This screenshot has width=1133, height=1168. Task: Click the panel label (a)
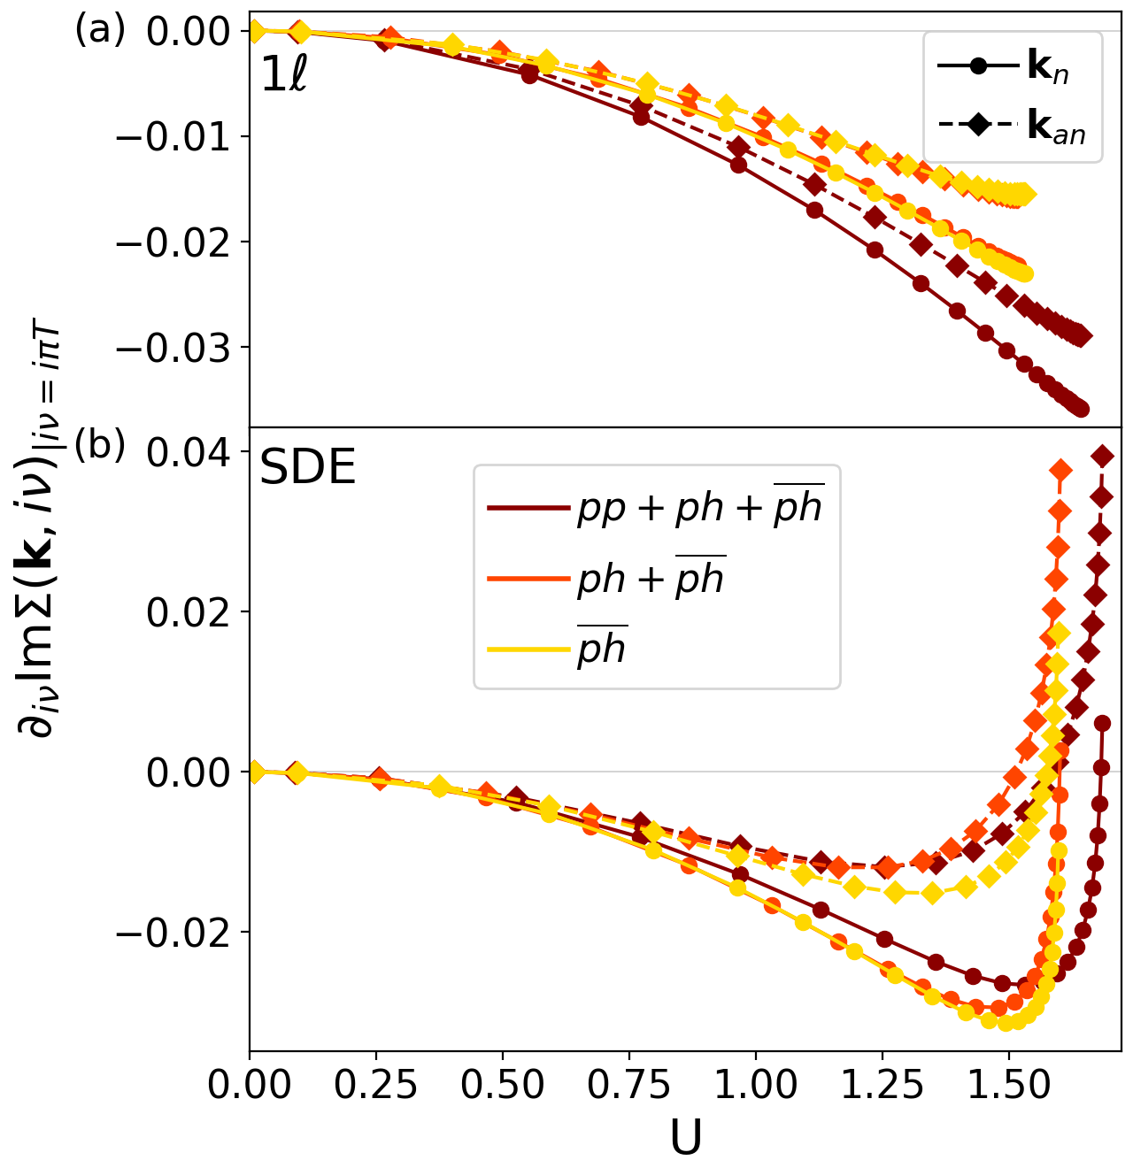tap(100, 30)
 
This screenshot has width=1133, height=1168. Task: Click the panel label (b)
tap(100, 445)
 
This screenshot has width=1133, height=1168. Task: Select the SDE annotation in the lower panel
tap(307, 468)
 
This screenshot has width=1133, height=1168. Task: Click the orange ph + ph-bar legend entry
tap(606, 579)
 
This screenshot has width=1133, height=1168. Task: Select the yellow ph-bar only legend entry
tap(558, 649)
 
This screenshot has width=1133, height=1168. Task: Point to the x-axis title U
tap(685, 1140)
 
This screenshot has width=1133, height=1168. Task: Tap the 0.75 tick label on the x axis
tap(629, 1086)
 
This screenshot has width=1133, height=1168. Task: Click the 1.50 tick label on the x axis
tap(1008, 1086)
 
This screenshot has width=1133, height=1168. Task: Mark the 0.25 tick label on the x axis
tap(376, 1086)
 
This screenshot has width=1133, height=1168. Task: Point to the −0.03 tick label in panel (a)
tap(181, 347)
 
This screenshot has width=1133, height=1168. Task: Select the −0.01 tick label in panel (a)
tap(181, 136)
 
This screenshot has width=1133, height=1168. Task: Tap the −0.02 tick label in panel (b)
tap(181, 932)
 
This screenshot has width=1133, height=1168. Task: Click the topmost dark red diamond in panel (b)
tap(1102, 456)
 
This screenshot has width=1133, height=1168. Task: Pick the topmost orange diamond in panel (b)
tap(1060, 469)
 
